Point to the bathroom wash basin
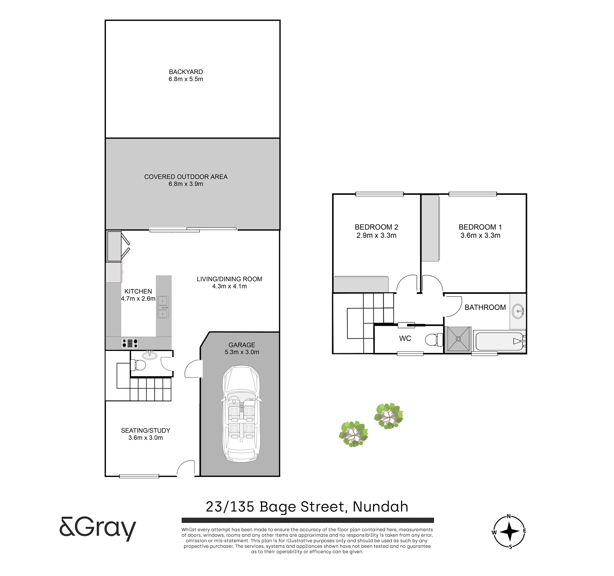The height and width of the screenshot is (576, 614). pos(518,311)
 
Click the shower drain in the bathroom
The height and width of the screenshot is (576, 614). pos(458,339)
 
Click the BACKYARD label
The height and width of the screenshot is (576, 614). pos(186,72)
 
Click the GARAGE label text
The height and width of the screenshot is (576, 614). pos(242,345)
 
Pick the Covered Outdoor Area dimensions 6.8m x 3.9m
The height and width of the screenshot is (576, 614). pos(186,184)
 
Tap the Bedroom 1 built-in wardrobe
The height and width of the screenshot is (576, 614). pos(431,228)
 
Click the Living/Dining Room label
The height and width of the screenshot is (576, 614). pos(229,279)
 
